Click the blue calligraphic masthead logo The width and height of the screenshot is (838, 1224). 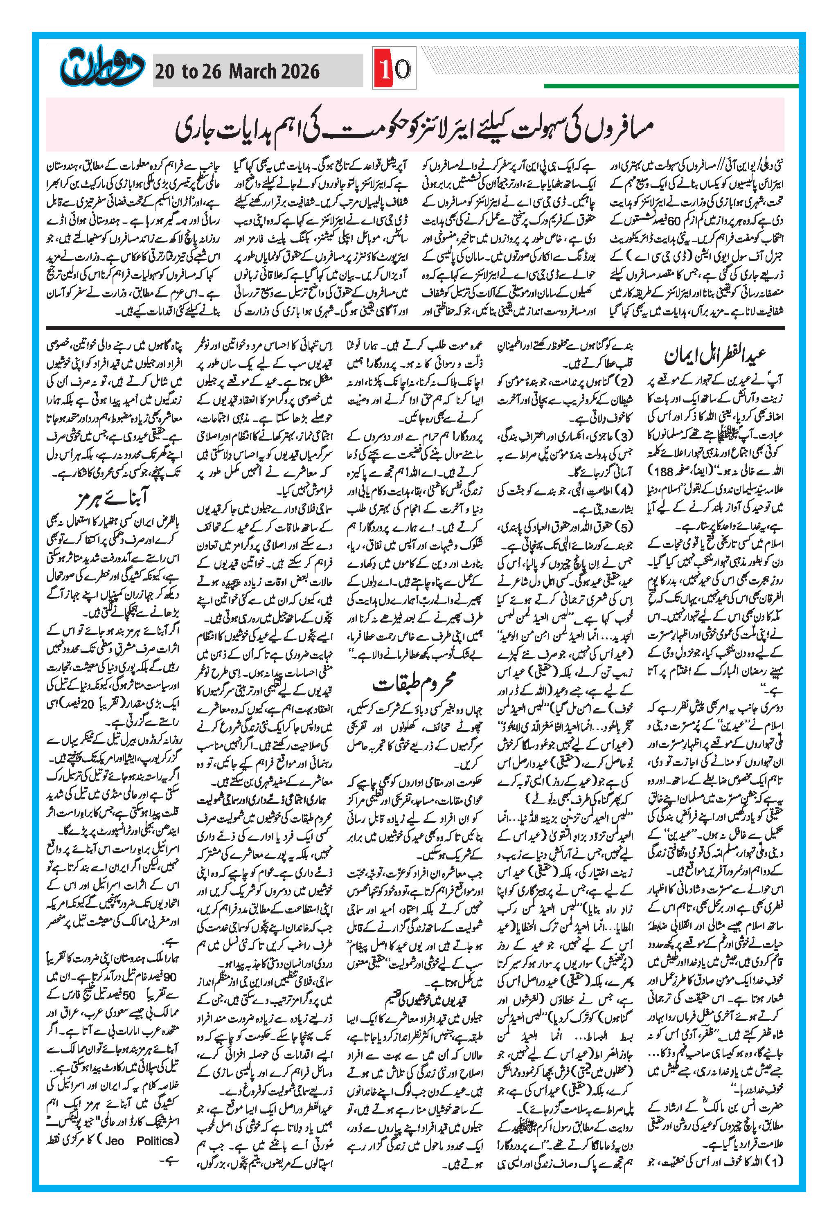pyautogui.click(x=100, y=67)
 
